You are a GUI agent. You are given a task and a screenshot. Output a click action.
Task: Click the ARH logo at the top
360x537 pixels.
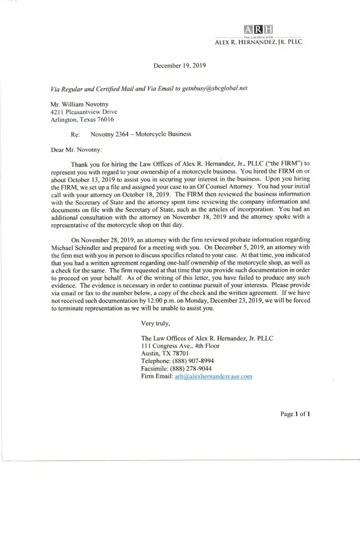[x=258, y=29]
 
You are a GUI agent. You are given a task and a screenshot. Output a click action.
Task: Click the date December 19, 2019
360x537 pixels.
[x=179, y=66]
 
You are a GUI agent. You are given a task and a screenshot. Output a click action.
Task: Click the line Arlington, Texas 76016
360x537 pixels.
[x=79, y=120]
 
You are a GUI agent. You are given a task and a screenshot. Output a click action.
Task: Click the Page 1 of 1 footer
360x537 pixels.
[x=296, y=414]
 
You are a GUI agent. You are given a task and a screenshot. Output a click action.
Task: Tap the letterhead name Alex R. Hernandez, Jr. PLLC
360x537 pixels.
[x=258, y=41]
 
